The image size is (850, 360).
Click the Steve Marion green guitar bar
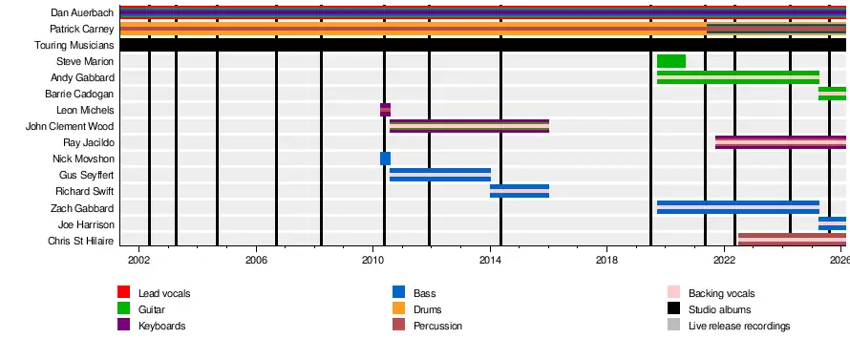[x=671, y=61]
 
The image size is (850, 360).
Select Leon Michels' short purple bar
[x=386, y=110]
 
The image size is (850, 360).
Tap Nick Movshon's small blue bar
[x=386, y=159]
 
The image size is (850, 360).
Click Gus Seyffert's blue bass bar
[x=440, y=175]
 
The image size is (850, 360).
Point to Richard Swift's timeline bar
[x=520, y=191]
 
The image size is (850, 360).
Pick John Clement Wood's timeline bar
[x=470, y=126]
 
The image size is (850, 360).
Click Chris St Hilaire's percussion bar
[x=792, y=241]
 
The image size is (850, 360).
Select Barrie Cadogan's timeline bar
[x=832, y=94]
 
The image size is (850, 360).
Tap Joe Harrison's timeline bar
[x=832, y=223]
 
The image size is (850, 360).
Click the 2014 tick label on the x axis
[x=490, y=259]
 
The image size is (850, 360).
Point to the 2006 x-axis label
[x=256, y=259]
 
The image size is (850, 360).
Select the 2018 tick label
[x=607, y=259]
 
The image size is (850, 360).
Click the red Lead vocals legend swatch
[x=123, y=292]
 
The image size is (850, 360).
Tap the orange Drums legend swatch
[x=398, y=308]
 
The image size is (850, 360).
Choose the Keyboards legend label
[x=162, y=326]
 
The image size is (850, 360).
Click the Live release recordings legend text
[x=739, y=326]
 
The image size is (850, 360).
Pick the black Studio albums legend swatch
[x=673, y=308]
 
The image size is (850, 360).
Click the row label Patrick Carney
[x=82, y=29]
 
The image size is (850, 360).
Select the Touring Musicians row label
[x=74, y=45]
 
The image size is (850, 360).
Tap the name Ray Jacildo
[x=89, y=142]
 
